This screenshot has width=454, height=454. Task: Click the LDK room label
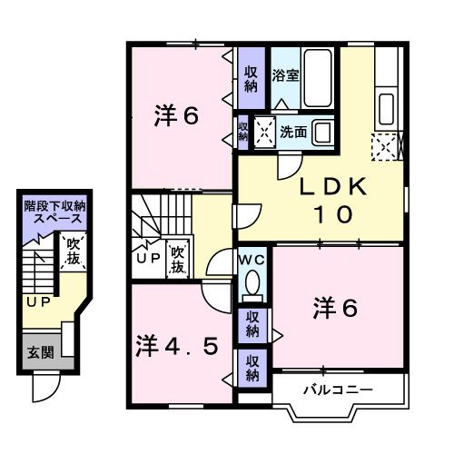(x=334, y=188)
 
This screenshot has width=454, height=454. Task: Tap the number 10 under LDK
(x=333, y=215)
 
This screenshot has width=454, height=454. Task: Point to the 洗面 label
(x=293, y=133)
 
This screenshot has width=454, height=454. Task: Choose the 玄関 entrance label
(x=39, y=352)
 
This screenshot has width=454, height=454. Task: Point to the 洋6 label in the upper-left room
(x=175, y=116)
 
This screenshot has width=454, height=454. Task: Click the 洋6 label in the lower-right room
(x=337, y=310)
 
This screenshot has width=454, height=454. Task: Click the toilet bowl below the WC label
(x=252, y=282)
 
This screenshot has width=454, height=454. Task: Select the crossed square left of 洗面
(x=265, y=133)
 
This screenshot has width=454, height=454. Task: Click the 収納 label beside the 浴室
(x=250, y=78)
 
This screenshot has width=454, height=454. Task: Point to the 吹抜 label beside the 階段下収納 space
(x=74, y=252)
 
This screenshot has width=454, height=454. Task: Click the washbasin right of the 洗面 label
(x=322, y=132)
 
